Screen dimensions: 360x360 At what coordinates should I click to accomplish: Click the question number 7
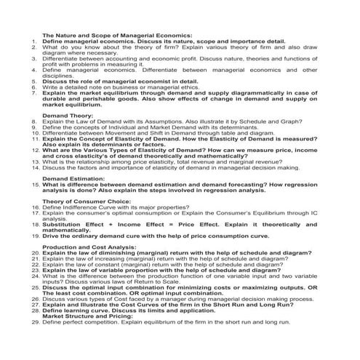(x=35, y=94)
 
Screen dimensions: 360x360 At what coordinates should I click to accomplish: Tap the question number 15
(x=34, y=185)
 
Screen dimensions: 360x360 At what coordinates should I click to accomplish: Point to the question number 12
(x=34, y=150)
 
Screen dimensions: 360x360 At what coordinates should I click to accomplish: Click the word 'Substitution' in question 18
(x=63, y=225)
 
